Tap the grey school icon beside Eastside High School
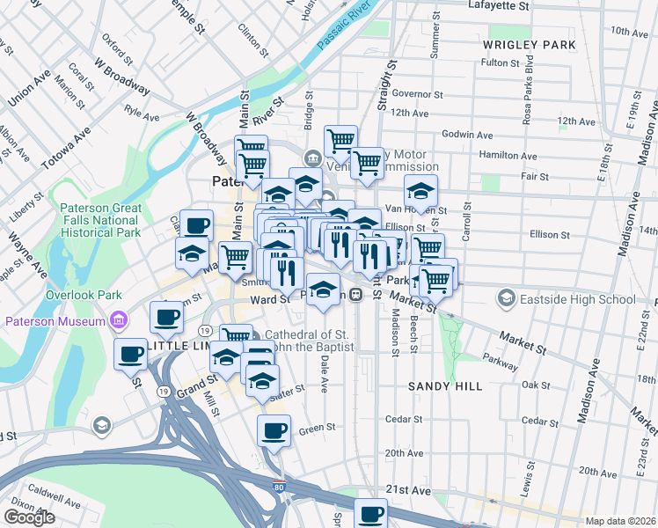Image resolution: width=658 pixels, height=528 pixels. coord(507,299)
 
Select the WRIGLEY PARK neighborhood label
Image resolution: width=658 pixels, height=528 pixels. coord(529,44)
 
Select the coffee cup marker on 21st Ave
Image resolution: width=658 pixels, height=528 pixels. coord(370,512)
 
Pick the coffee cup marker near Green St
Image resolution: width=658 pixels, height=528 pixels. coord(273,430)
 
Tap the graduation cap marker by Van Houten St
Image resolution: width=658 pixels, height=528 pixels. coord(420,189)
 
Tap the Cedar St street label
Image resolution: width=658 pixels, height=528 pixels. coord(404,419)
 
